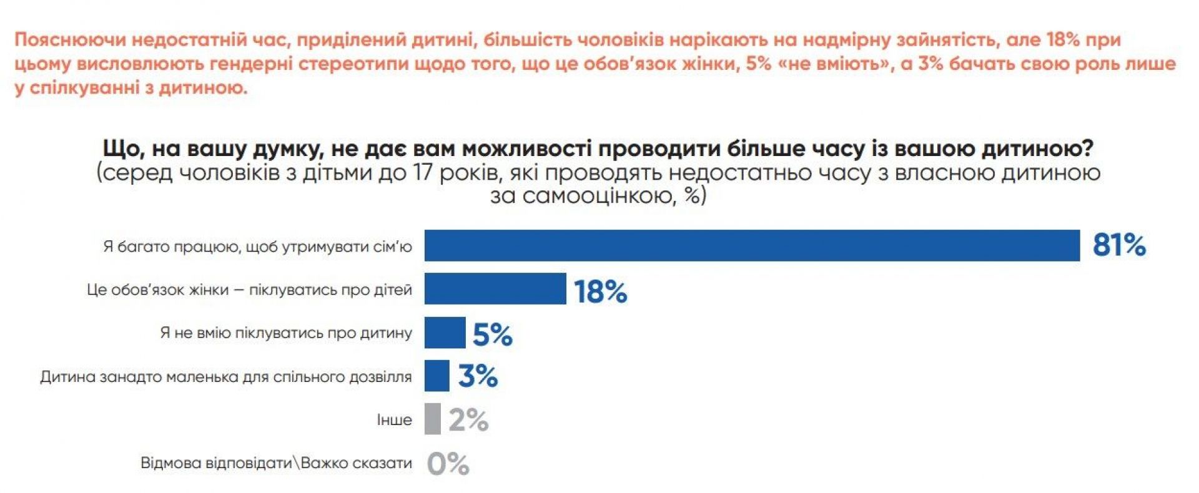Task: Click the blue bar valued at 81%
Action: point(752,245)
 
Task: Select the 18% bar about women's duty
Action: point(495,288)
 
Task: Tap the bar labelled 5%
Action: point(445,332)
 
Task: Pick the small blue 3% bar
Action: point(437,376)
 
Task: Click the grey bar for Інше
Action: point(432,419)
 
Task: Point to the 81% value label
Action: point(1119,245)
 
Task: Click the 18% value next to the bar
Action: point(600,291)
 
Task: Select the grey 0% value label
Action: point(448,464)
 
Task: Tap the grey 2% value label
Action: point(468,420)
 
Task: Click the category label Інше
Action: point(394,420)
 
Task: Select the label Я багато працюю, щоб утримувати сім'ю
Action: point(257,246)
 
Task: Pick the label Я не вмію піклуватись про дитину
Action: point(285,333)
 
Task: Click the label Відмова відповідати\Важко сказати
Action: point(276,463)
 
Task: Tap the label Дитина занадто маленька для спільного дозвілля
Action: point(226,376)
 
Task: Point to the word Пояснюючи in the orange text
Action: point(70,40)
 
